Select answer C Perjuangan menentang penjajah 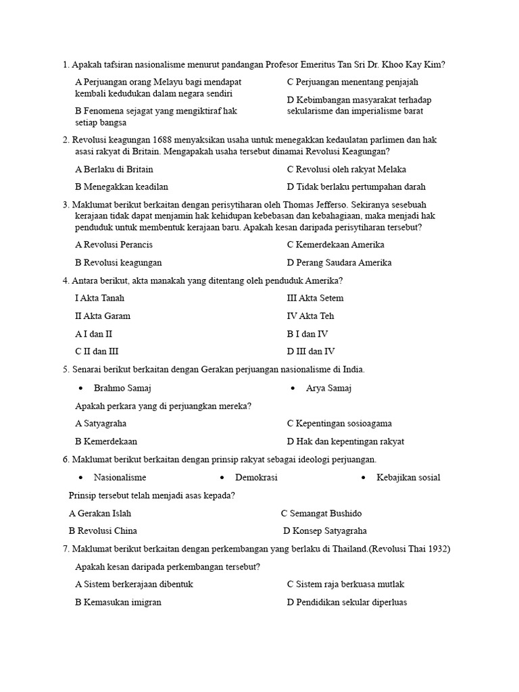[352, 82]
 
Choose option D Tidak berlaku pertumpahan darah [356, 187]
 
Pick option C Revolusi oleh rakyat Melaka [346, 170]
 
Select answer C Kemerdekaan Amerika [335, 245]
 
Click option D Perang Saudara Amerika [339, 263]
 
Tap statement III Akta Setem [315, 298]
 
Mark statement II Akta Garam [103, 316]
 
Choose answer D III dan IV [310, 351]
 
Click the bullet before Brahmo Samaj [81, 389]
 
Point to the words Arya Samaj [328, 388]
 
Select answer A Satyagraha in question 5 [101, 424]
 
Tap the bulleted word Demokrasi [256, 477]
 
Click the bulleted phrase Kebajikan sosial [408, 477]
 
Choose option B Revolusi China [103, 531]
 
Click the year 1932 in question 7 [439, 549]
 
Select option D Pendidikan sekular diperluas [346, 602]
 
